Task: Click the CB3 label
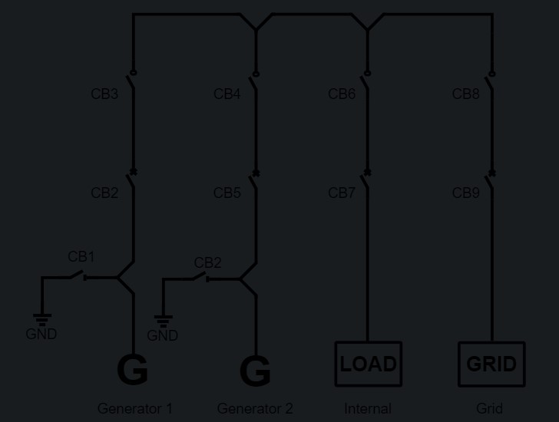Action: click(x=104, y=94)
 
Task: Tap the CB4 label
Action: click(x=227, y=94)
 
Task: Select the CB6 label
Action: click(x=342, y=94)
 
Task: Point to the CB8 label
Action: click(x=466, y=94)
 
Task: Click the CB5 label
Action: click(x=227, y=193)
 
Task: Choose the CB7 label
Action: click(x=342, y=193)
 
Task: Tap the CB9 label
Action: click(x=466, y=193)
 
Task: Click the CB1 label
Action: click(x=81, y=256)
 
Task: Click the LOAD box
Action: click(x=368, y=364)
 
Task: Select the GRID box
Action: click(x=491, y=364)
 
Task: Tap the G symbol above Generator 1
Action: click(x=132, y=371)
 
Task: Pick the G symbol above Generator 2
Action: click(x=255, y=372)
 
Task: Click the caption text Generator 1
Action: click(x=135, y=408)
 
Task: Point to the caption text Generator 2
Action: click(x=255, y=408)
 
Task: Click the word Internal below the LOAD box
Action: click(x=368, y=408)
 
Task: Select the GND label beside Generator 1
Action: click(x=41, y=335)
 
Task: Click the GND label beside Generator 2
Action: click(x=162, y=335)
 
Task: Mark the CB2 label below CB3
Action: click(x=104, y=193)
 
